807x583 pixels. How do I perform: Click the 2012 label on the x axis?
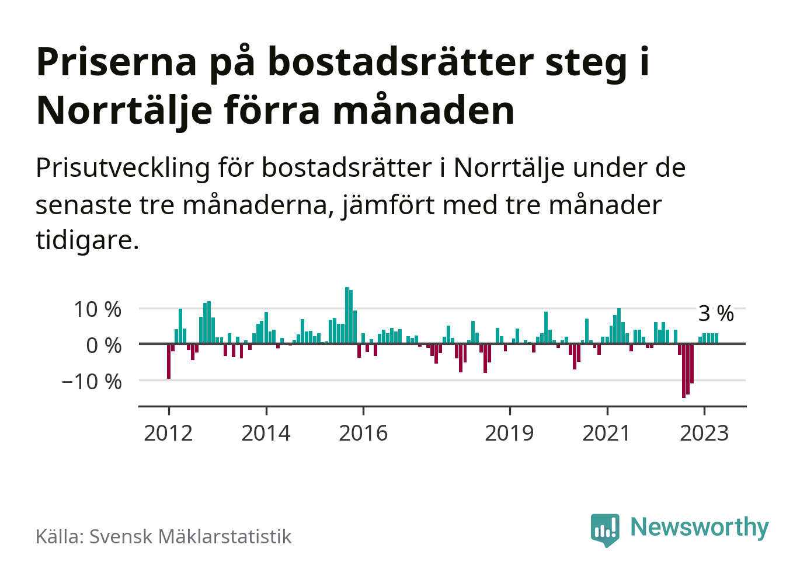(168, 433)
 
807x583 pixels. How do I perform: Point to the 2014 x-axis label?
(266, 433)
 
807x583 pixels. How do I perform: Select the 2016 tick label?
(363, 433)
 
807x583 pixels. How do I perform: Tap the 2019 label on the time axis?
(509, 433)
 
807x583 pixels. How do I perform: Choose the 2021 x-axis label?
(607, 433)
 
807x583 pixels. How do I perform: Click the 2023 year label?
(704, 433)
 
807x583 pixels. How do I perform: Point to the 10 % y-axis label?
(98, 309)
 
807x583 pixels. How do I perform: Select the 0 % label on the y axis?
(104, 345)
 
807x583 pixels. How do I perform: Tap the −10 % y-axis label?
(92, 382)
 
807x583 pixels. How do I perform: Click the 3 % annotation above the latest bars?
(716, 313)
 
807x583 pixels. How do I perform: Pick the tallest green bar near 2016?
(347, 315)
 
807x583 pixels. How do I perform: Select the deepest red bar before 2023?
(684, 371)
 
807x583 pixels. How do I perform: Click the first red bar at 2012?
(169, 361)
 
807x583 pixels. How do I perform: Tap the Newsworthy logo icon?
(605, 529)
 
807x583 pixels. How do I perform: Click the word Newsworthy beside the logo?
(700, 527)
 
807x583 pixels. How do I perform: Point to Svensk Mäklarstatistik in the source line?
(190, 536)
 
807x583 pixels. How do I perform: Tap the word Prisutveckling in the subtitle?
(123, 168)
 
